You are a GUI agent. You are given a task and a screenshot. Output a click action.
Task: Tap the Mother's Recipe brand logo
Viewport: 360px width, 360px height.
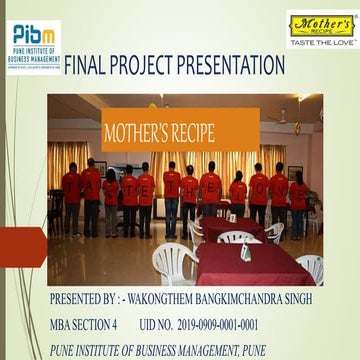pyautogui.click(x=319, y=26)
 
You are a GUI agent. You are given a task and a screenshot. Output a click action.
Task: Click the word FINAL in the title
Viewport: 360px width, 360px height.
pyautogui.click(x=89, y=67)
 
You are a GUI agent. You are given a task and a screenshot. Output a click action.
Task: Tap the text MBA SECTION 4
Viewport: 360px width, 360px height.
pyautogui.click(x=84, y=325)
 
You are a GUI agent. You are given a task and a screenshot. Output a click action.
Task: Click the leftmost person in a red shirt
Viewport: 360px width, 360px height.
pyautogui.click(x=72, y=195)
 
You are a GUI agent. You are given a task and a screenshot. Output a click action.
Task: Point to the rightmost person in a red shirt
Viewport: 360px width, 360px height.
pyautogui.click(x=298, y=200)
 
